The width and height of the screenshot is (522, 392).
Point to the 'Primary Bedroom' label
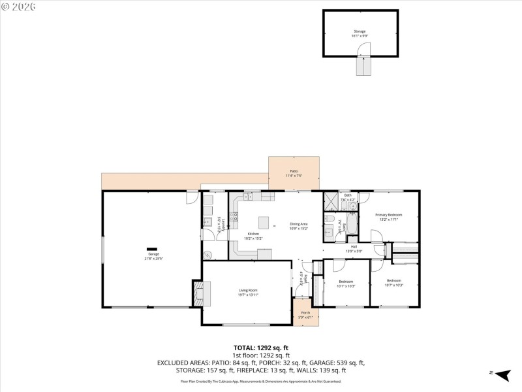(x=388, y=215)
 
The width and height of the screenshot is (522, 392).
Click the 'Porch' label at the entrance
(x=305, y=313)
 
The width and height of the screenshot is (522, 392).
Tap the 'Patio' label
(x=294, y=171)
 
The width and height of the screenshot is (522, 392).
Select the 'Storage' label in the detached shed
(x=360, y=31)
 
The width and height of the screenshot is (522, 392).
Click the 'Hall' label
(x=353, y=246)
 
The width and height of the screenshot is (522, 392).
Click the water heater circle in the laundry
(x=208, y=255)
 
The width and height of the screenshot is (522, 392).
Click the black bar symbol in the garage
(x=152, y=248)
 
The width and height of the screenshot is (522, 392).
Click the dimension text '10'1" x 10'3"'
(x=345, y=286)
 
